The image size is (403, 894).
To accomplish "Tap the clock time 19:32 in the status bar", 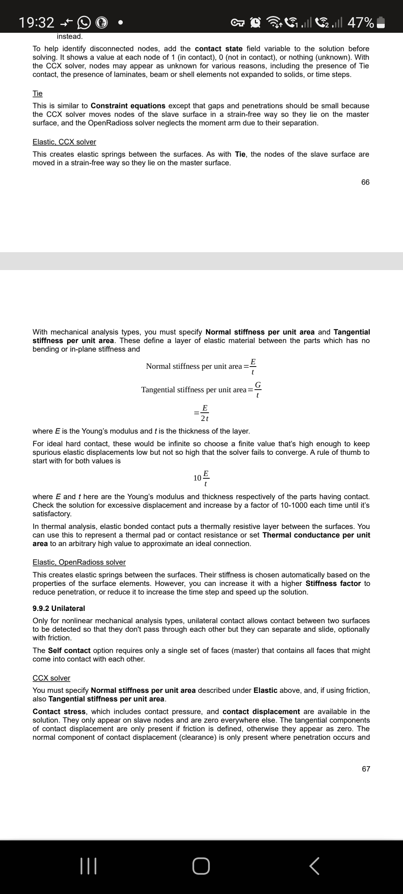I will (x=37, y=23).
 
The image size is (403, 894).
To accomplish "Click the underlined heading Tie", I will (x=38, y=93).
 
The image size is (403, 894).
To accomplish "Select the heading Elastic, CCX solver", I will (x=64, y=142).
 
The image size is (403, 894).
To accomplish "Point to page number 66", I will (x=365, y=182).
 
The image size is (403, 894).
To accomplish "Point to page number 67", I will (x=366, y=769).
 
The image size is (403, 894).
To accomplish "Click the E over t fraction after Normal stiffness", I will (x=253, y=366).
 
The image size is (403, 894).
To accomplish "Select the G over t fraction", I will (x=258, y=390).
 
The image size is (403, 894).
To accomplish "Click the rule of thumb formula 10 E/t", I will (x=202, y=478).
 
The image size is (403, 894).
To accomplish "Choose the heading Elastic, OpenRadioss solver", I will (x=79, y=562).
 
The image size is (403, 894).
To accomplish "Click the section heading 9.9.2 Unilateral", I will (x=59, y=608).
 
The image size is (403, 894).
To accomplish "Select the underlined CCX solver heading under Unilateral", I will (x=51, y=678).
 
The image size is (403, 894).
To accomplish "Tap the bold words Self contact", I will (x=69, y=650).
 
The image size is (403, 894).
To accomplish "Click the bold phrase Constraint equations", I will (x=128, y=106).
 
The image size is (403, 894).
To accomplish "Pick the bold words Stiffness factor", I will (x=333, y=583).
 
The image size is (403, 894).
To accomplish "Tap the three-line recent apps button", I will (x=89, y=866).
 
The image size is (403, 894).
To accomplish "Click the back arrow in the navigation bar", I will (x=315, y=866).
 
